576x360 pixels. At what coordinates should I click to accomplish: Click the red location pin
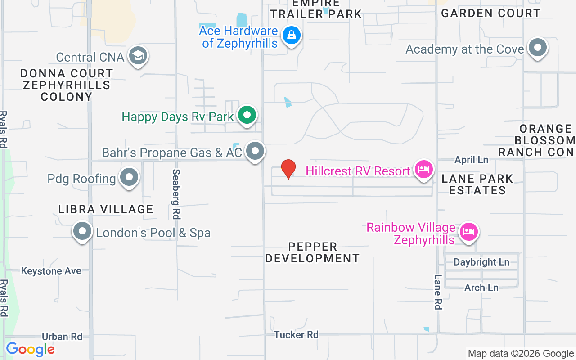pos(288,169)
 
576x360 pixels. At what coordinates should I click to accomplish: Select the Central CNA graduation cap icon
pos(138,56)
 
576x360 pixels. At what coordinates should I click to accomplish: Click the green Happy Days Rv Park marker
pos(247,116)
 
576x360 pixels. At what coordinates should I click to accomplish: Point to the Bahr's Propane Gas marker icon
pos(256,152)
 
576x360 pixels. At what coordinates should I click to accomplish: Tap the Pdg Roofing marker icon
pos(129,178)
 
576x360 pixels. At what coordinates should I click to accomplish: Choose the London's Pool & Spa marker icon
pos(82,232)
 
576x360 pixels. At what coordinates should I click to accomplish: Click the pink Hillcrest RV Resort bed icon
pos(423,170)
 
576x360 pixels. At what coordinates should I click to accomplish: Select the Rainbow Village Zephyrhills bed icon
pos(468,232)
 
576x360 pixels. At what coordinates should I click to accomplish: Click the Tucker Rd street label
pos(296,334)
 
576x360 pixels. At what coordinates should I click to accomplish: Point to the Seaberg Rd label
pos(176,194)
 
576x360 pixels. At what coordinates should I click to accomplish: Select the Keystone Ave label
pos(51,271)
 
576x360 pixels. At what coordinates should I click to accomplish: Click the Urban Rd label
pos(62,336)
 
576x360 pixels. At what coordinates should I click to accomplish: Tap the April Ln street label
pos(471,160)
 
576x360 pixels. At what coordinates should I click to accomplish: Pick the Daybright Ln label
pos(481,262)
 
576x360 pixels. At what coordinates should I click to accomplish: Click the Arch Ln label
pos(481,287)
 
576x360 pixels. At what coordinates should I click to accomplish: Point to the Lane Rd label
pos(438,292)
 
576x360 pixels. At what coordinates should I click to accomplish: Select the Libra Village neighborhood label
pos(106,209)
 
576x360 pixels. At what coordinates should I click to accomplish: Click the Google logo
pos(30,349)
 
